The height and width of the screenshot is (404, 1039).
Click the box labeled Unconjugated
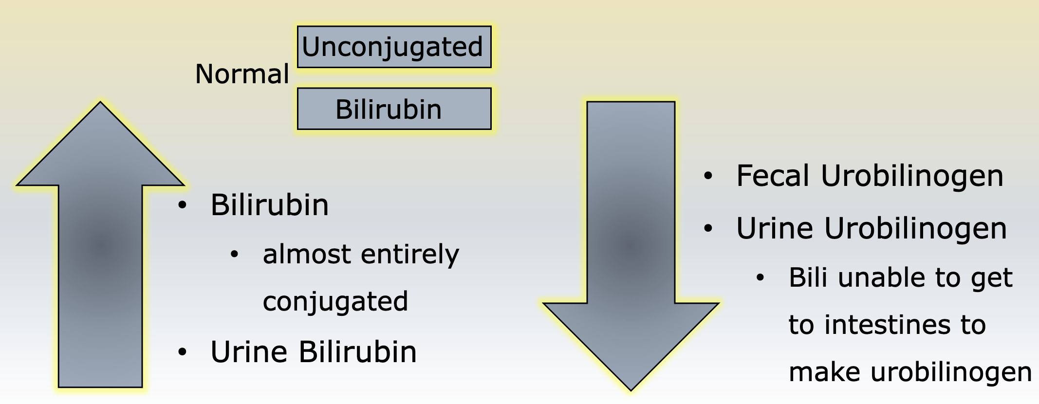click(394, 47)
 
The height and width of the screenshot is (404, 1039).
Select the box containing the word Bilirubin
click(394, 109)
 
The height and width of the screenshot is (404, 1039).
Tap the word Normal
click(242, 74)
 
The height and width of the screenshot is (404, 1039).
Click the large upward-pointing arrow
click(100, 244)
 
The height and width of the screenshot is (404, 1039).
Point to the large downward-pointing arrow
click(631, 246)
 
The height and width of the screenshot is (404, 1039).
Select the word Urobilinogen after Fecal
click(912, 176)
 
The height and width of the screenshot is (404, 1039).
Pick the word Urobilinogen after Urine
click(915, 229)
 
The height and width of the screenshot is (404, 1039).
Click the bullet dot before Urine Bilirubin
click(183, 352)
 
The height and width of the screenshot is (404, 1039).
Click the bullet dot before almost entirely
click(235, 254)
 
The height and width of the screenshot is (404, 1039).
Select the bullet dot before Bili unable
click(761, 278)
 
